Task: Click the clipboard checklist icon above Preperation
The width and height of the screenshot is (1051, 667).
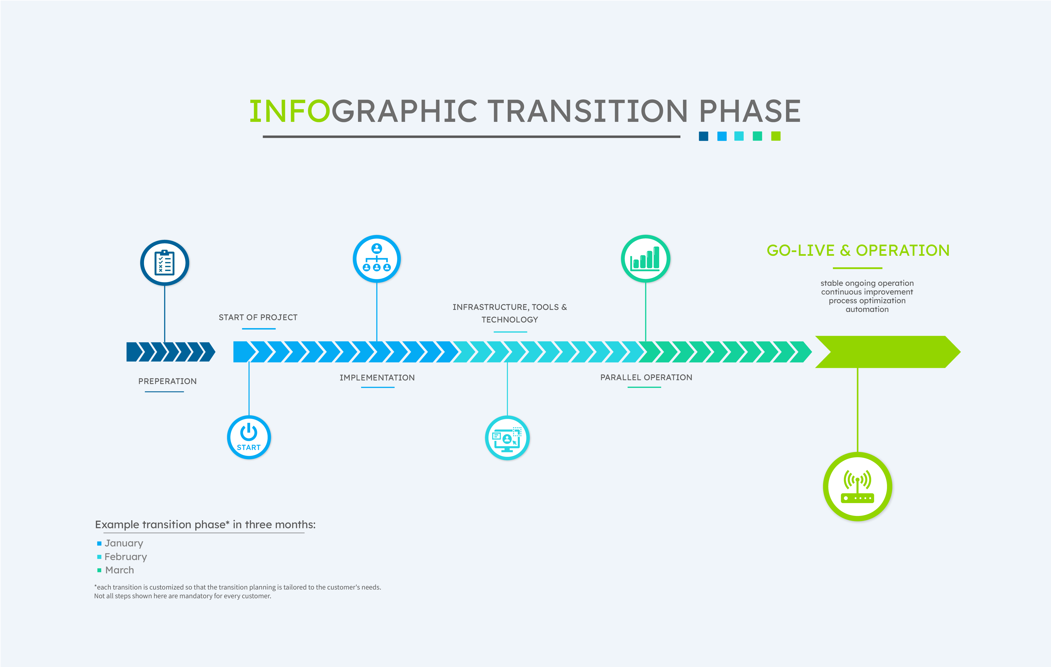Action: click(x=165, y=263)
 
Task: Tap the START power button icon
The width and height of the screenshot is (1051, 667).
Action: click(x=249, y=437)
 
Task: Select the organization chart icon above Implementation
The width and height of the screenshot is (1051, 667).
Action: click(x=377, y=259)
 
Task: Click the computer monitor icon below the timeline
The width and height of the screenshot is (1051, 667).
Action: click(x=507, y=438)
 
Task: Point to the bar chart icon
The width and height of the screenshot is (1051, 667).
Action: click(x=646, y=259)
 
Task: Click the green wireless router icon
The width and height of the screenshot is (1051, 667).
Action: click(x=858, y=487)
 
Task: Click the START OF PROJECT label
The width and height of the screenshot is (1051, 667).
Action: click(x=258, y=318)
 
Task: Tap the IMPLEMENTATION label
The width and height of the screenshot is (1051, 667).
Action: click(x=377, y=378)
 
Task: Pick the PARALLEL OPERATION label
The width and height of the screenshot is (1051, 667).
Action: click(x=646, y=377)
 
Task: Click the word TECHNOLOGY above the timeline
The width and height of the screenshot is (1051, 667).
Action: click(x=510, y=320)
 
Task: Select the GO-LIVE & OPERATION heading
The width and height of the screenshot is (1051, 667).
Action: click(x=858, y=250)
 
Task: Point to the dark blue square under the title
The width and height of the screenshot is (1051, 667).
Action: click(x=703, y=136)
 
